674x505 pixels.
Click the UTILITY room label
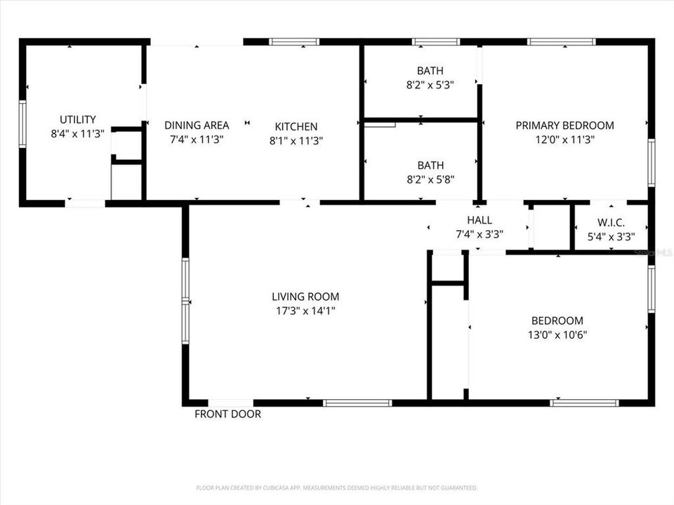(x=77, y=120)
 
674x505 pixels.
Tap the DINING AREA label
(x=197, y=126)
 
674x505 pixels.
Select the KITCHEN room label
(x=296, y=127)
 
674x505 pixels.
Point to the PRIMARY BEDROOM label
(x=564, y=126)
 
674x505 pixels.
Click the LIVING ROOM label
(x=305, y=297)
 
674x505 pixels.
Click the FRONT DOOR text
(x=227, y=415)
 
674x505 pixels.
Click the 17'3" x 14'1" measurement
(x=305, y=310)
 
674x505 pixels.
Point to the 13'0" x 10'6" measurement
(x=557, y=335)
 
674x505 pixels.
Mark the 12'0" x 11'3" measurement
(x=564, y=139)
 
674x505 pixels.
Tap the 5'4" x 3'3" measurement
(x=611, y=237)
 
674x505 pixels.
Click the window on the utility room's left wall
(x=22, y=123)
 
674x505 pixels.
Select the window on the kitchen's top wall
(x=294, y=42)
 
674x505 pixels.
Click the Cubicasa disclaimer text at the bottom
(x=337, y=487)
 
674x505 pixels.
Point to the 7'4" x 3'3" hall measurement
(x=479, y=234)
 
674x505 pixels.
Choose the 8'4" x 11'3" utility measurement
(x=77, y=133)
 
